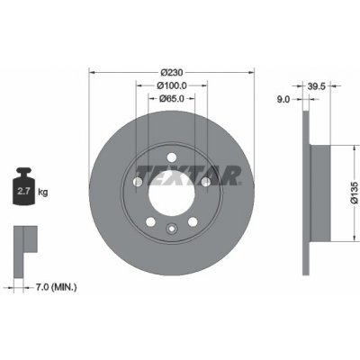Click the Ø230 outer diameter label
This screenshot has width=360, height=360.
[x=172, y=73]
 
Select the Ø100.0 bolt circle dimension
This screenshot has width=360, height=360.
[x=172, y=85]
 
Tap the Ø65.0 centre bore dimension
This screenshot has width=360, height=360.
[x=172, y=98]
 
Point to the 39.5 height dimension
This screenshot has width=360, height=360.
[x=317, y=86]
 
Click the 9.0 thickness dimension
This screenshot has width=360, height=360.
[x=283, y=99]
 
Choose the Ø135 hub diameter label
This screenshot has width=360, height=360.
[x=355, y=193]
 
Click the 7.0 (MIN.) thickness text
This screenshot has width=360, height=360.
[x=56, y=287]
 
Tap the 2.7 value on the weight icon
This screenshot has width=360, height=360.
[x=23, y=191]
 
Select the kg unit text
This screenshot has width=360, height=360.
[x=43, y=192]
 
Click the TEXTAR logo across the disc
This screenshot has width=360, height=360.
[x=188, y=175]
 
